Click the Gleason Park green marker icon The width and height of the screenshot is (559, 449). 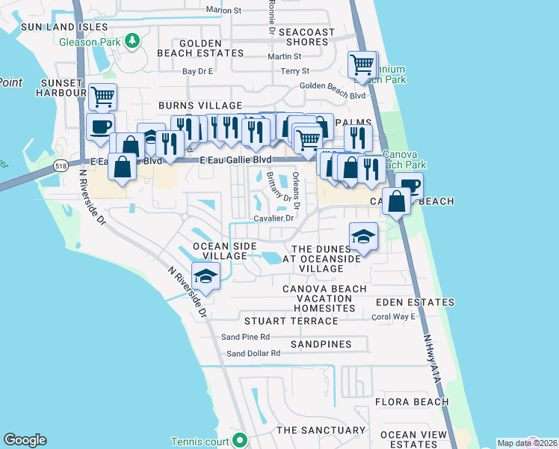click(x=132, y=40)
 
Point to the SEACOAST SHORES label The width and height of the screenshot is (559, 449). click(x=306, y=37)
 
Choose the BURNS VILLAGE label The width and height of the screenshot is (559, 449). click(x=200, y=106)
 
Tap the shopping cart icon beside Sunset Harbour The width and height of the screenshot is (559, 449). click(x=102, y=96)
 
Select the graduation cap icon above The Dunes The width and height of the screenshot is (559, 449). click(x=363, y=236)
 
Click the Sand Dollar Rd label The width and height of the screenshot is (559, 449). click(x=253, y=353)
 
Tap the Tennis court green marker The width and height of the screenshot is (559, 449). click(x=240, y=439)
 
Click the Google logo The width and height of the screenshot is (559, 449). click(x=25, y=440)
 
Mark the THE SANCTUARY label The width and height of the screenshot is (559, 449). click(x=321, y=430)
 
